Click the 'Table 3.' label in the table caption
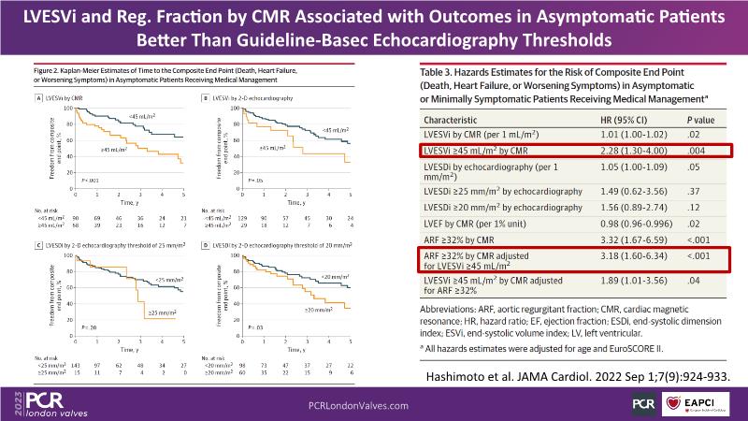click(x=439, y=70)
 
